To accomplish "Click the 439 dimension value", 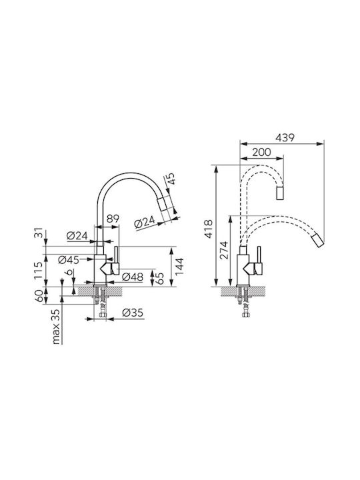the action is [285, 138].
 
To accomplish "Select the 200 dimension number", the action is [262, 152].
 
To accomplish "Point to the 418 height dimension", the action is [209, 229].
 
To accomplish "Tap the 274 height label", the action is [225, 250].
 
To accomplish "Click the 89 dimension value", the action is [113, 219].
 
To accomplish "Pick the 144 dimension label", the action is [179, 266].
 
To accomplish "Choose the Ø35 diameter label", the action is [133, 313].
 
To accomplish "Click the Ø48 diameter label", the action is [133, 277].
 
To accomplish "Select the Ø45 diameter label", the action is [68, 260].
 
